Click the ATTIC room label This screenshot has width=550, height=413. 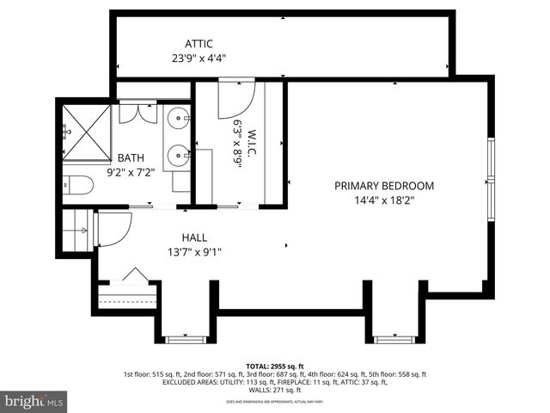[x=199, y=44]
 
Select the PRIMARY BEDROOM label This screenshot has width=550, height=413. [x=384, y=186]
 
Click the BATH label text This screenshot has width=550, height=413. [x=131, y=157]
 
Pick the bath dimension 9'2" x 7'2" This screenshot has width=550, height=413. [x=131, y=172]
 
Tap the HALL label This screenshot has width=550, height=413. [x=194, y=237]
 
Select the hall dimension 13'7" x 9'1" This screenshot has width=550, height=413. [x=194, y=252]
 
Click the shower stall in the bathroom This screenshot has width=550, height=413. [x=87, y=133]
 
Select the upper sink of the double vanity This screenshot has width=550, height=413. [x=180, y=118]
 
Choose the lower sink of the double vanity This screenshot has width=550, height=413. [x=180, y=155]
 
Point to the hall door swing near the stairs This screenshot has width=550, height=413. [x=113, y=228]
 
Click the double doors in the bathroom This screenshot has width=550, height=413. [x=131, y=113]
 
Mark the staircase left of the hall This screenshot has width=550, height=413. [x=75, y=230]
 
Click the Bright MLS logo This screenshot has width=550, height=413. [x=34, y=401]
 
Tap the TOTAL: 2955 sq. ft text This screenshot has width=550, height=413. [x=275, y=366]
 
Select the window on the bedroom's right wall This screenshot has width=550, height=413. [x=490, y=182]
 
